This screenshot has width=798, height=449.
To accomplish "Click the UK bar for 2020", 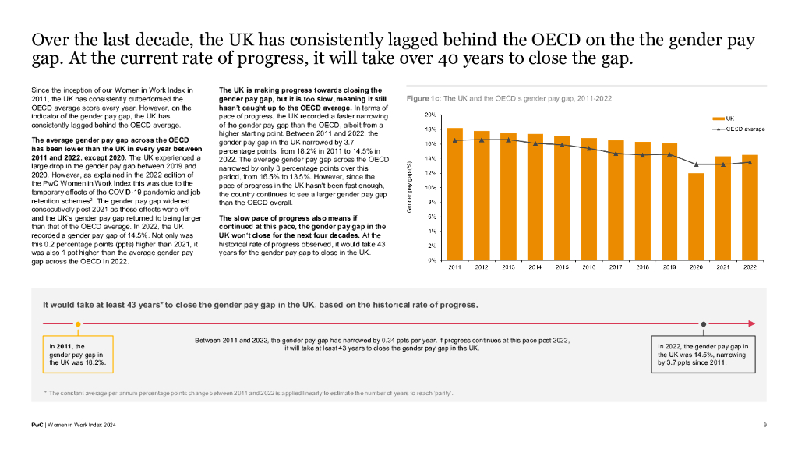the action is [x=696, y=217].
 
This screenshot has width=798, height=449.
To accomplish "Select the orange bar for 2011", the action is [x=454, y=194].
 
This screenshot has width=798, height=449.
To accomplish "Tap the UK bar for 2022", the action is [x=750, y=207].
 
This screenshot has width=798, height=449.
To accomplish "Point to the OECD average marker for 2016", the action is [x=589, y=149].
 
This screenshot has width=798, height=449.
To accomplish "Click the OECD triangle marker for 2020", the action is [x=696, y=164].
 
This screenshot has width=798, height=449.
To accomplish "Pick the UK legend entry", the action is [x=723, y=118].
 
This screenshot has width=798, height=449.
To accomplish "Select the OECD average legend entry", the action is [x=739, y=129].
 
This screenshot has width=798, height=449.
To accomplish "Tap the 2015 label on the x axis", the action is [x=562, y=267].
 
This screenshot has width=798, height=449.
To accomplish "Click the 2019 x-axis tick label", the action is [x=669, y=267].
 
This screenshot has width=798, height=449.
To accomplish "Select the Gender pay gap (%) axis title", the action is [x=409, y=187].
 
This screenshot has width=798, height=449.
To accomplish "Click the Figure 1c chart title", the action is [x=509, y=98].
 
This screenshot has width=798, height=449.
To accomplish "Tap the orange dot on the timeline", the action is [x=78, y=324].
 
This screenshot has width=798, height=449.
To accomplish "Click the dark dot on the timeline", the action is [x=704, y=324].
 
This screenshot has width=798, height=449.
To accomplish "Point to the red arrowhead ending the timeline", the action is [x=752, y=323].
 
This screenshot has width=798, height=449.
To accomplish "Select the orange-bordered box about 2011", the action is [x=78, y=355].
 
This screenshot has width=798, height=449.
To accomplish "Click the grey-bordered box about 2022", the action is [x=704, y=355].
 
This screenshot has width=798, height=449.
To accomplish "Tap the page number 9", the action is [x=765, y=425].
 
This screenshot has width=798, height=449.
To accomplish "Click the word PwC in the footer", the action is [x=37, y=425].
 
